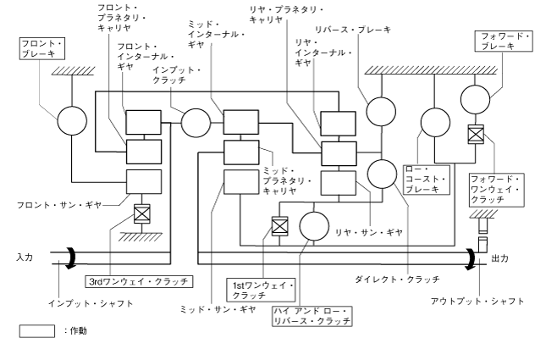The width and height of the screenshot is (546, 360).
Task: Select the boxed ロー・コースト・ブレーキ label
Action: point(425,179)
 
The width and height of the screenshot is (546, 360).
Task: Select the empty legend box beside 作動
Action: point(36,331)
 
